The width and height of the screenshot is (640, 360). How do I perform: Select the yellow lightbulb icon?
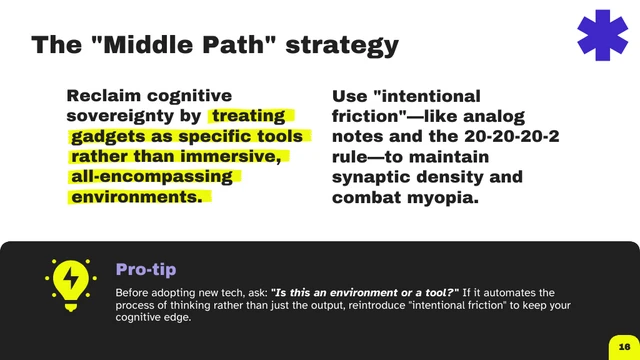pyautogui.click(x=71, y=284)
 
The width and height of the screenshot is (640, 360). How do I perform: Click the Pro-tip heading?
pyautogui.click(x=147, y=269)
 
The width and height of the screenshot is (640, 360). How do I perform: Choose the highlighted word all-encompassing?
pyautogui.click(x=150, y=177)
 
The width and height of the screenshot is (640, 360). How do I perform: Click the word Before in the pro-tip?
pyautogui.click(x=136, y=292)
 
